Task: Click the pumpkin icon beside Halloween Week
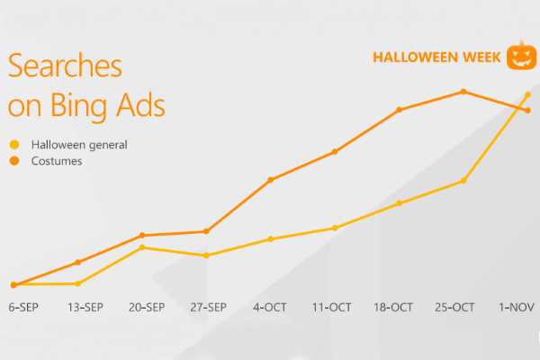pyautogui.click(x=521, y=56)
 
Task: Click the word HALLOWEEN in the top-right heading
pyautogui.click(x=415, y=58)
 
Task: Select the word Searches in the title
pyautogui.click(x=65, y=65)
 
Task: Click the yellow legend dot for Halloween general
pyautogui.click(x=14, y=144)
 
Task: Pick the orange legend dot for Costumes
pyautogui.click(x=14, y=160)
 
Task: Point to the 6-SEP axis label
pyautogui.click(x=23, y=307)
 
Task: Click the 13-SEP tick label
pyautogui.click(x=85, y=307)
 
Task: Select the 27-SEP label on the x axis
pyautogui.click(x=209, y=307)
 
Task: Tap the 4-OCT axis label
pyautogui.click(x=270, y=307)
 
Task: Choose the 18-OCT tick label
pyautogui.click(x=393, y=307)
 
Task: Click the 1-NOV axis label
pyautogui.click(x=517, y=307)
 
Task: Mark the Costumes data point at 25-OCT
pyautogui.click(x=463, y=91)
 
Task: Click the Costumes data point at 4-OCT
pyautogui.click(x=271, y=180)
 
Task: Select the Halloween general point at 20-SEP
pyautogui.click(x=142, y=247)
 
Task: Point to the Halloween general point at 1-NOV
pyautogui.click(x=527, y=94)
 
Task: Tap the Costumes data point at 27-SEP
pyautogui.click(x=206, y=231)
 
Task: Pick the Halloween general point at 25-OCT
pyautogui.click(x=463, y=181)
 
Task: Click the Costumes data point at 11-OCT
pyautogui.click(x=335, y=151)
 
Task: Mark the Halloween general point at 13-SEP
pyautogui.click(x=77, y=283)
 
